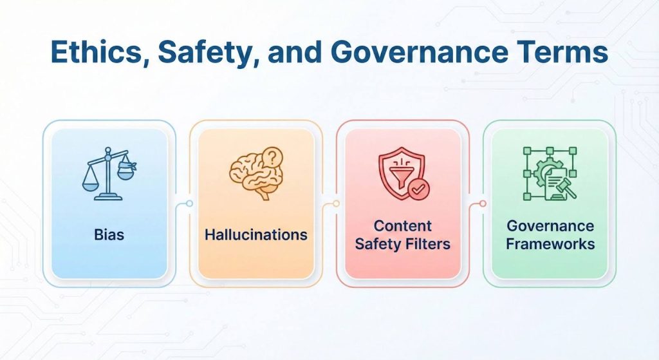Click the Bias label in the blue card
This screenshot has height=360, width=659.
point(109,234)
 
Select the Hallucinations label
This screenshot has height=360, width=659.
point(255,234)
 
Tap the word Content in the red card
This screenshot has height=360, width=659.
point(402,226)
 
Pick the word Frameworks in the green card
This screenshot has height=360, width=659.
point(550,244)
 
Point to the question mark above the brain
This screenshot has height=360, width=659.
point(274,156)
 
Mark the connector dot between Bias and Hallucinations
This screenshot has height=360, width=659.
point(189,204)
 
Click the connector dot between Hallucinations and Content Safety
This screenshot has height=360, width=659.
point(336,204)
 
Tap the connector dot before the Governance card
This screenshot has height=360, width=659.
point(483,204)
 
